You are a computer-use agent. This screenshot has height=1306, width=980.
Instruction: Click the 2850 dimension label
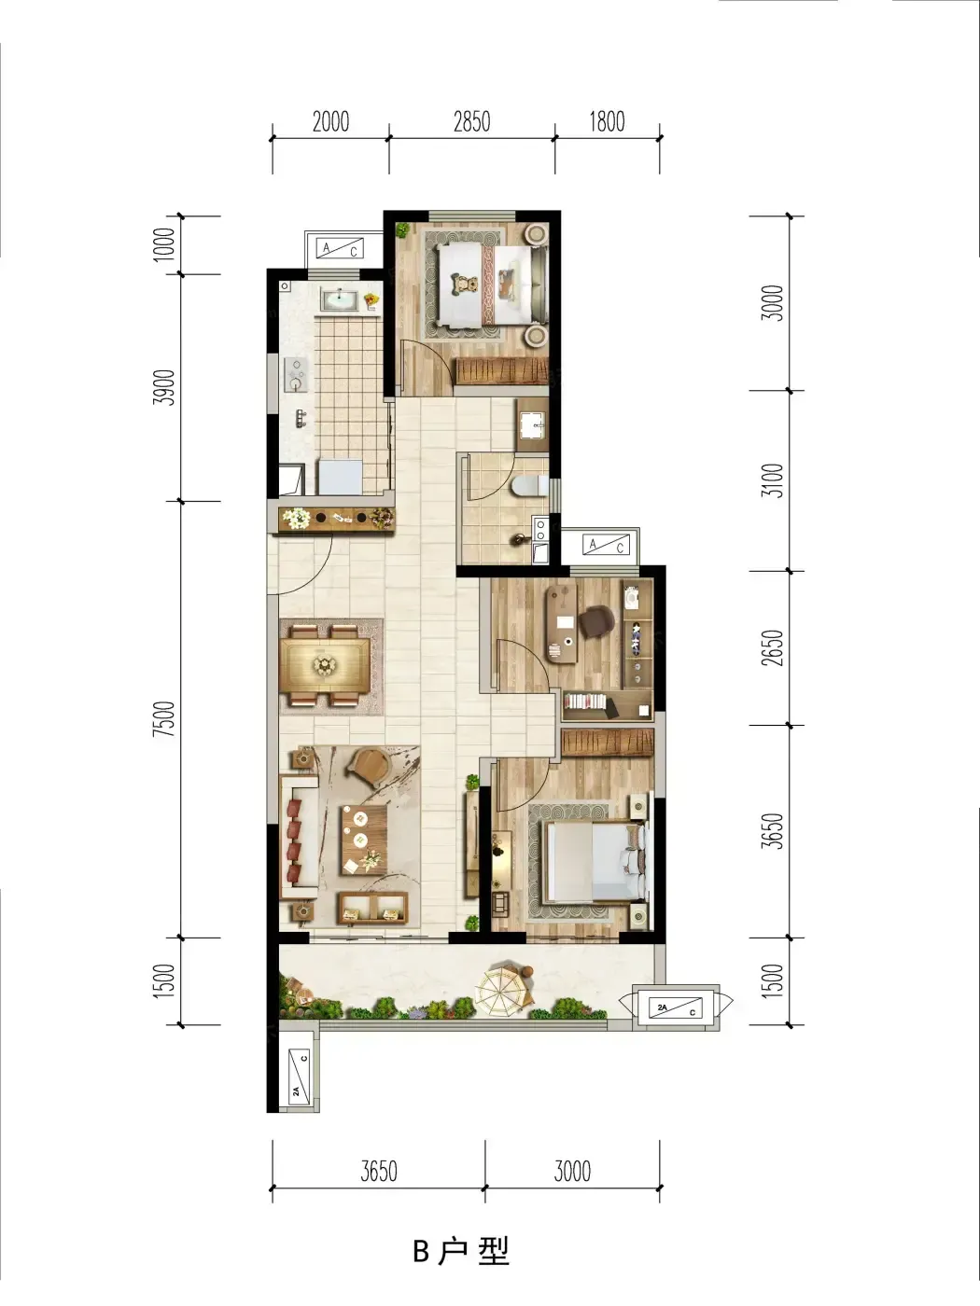472,122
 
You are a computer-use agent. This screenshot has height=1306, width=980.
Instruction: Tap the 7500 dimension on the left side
165,718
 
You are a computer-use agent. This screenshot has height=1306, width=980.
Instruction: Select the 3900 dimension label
165,387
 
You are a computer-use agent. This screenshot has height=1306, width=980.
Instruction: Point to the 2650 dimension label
774,648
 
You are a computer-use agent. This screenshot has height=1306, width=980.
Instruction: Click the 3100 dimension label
774,480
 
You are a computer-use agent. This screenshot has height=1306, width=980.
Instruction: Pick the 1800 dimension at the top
607,122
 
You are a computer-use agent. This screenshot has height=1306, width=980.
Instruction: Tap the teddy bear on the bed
464,284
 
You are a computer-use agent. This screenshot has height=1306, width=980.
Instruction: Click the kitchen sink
339,299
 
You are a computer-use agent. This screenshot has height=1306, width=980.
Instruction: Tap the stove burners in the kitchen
296,375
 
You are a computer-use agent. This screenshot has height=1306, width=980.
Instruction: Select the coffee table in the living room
363,840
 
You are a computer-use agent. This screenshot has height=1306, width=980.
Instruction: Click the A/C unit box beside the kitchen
343,249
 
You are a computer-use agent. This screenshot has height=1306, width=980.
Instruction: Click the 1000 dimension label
165,244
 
